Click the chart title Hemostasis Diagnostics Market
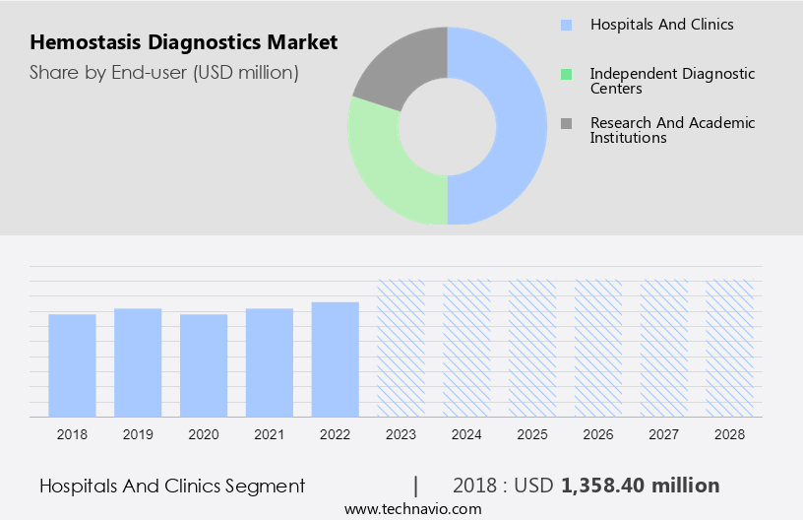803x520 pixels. click(184, 42)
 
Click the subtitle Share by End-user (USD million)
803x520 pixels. click(164, 72)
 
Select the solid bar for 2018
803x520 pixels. click(72, 364)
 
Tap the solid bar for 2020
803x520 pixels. click(204, 364)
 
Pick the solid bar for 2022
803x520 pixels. click(336, 358)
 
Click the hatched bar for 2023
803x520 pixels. click(401, 348)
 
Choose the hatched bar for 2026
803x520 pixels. click(598, 348)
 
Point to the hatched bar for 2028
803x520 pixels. click(730, 348)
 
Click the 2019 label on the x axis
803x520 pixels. click(138, 433)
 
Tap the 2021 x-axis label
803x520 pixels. click(270, 433)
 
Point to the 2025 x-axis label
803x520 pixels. click(532, 433)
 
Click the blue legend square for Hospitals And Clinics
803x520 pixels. click(566, 25)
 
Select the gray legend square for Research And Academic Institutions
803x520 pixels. click(566, 123)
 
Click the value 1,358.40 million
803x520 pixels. click(640, 486)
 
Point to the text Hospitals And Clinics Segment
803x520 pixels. click(172, 486)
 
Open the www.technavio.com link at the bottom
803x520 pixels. click(413, 509)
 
